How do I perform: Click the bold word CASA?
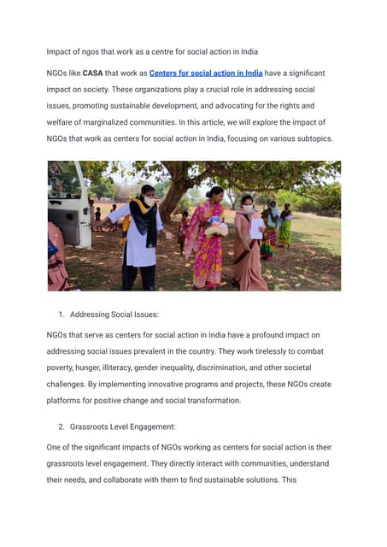tap(93, 74)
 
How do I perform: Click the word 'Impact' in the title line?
tap(61, 51)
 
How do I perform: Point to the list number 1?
tap(61, 315)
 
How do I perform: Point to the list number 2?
tap(61, 425)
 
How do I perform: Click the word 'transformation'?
tap(211, 400)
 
